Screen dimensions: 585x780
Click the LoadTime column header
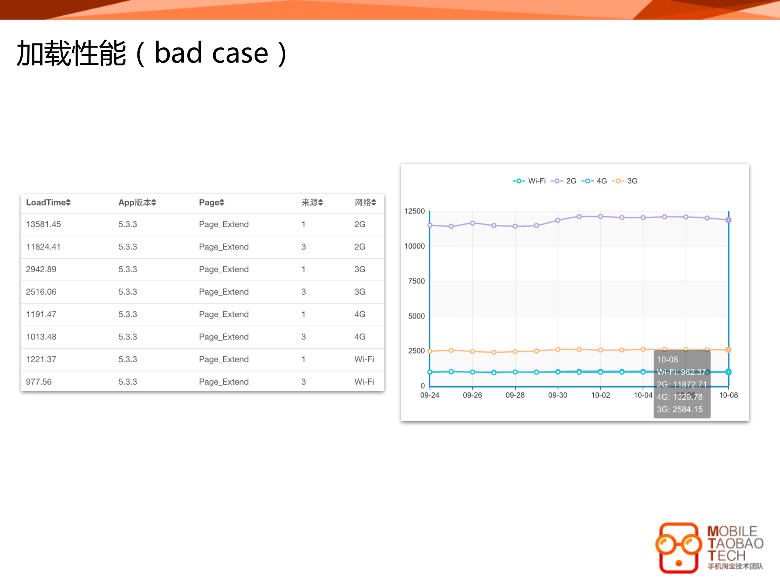[x=48, y=202]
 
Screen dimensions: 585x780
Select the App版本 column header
[x=137, y=202]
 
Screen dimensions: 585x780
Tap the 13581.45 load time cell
[x=43, y=224]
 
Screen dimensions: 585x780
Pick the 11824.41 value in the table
[x=43, y=247]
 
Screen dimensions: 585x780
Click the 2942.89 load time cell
[x=41, y=269]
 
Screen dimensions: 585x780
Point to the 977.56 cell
[x=39, y=382]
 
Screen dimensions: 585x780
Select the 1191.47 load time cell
[x=41, y=314]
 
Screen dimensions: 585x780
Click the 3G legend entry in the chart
[x=625, y=181]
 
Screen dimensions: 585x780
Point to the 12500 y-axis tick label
[x=414, y=211]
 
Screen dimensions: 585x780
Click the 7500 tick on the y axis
[x=417, y=281]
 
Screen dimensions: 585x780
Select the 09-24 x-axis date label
[x=429, y=395]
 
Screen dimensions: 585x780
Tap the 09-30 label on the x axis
[x=557, y=395]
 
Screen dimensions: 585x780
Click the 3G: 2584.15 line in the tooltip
[x=679, y=410]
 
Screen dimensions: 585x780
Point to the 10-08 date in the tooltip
[x=667, y=360]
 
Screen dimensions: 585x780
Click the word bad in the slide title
[x=178, y=53]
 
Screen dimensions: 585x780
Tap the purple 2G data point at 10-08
[x=728, y=220]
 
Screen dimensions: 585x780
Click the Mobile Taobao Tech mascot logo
[x=678, y=548]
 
